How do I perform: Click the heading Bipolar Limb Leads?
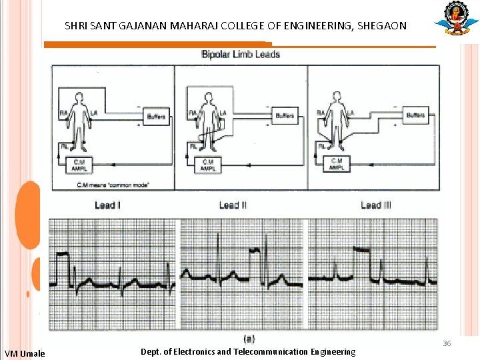point(241,55)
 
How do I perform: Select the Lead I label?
point(107,205)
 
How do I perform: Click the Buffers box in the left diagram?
point(156,117)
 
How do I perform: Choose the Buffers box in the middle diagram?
point(285,116)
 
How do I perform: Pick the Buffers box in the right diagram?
point(415,115)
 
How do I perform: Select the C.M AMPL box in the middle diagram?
point(209,163)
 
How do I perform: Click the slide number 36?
point(447,343)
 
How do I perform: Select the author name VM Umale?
point(25,353)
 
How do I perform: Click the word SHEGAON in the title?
point(381,27)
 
